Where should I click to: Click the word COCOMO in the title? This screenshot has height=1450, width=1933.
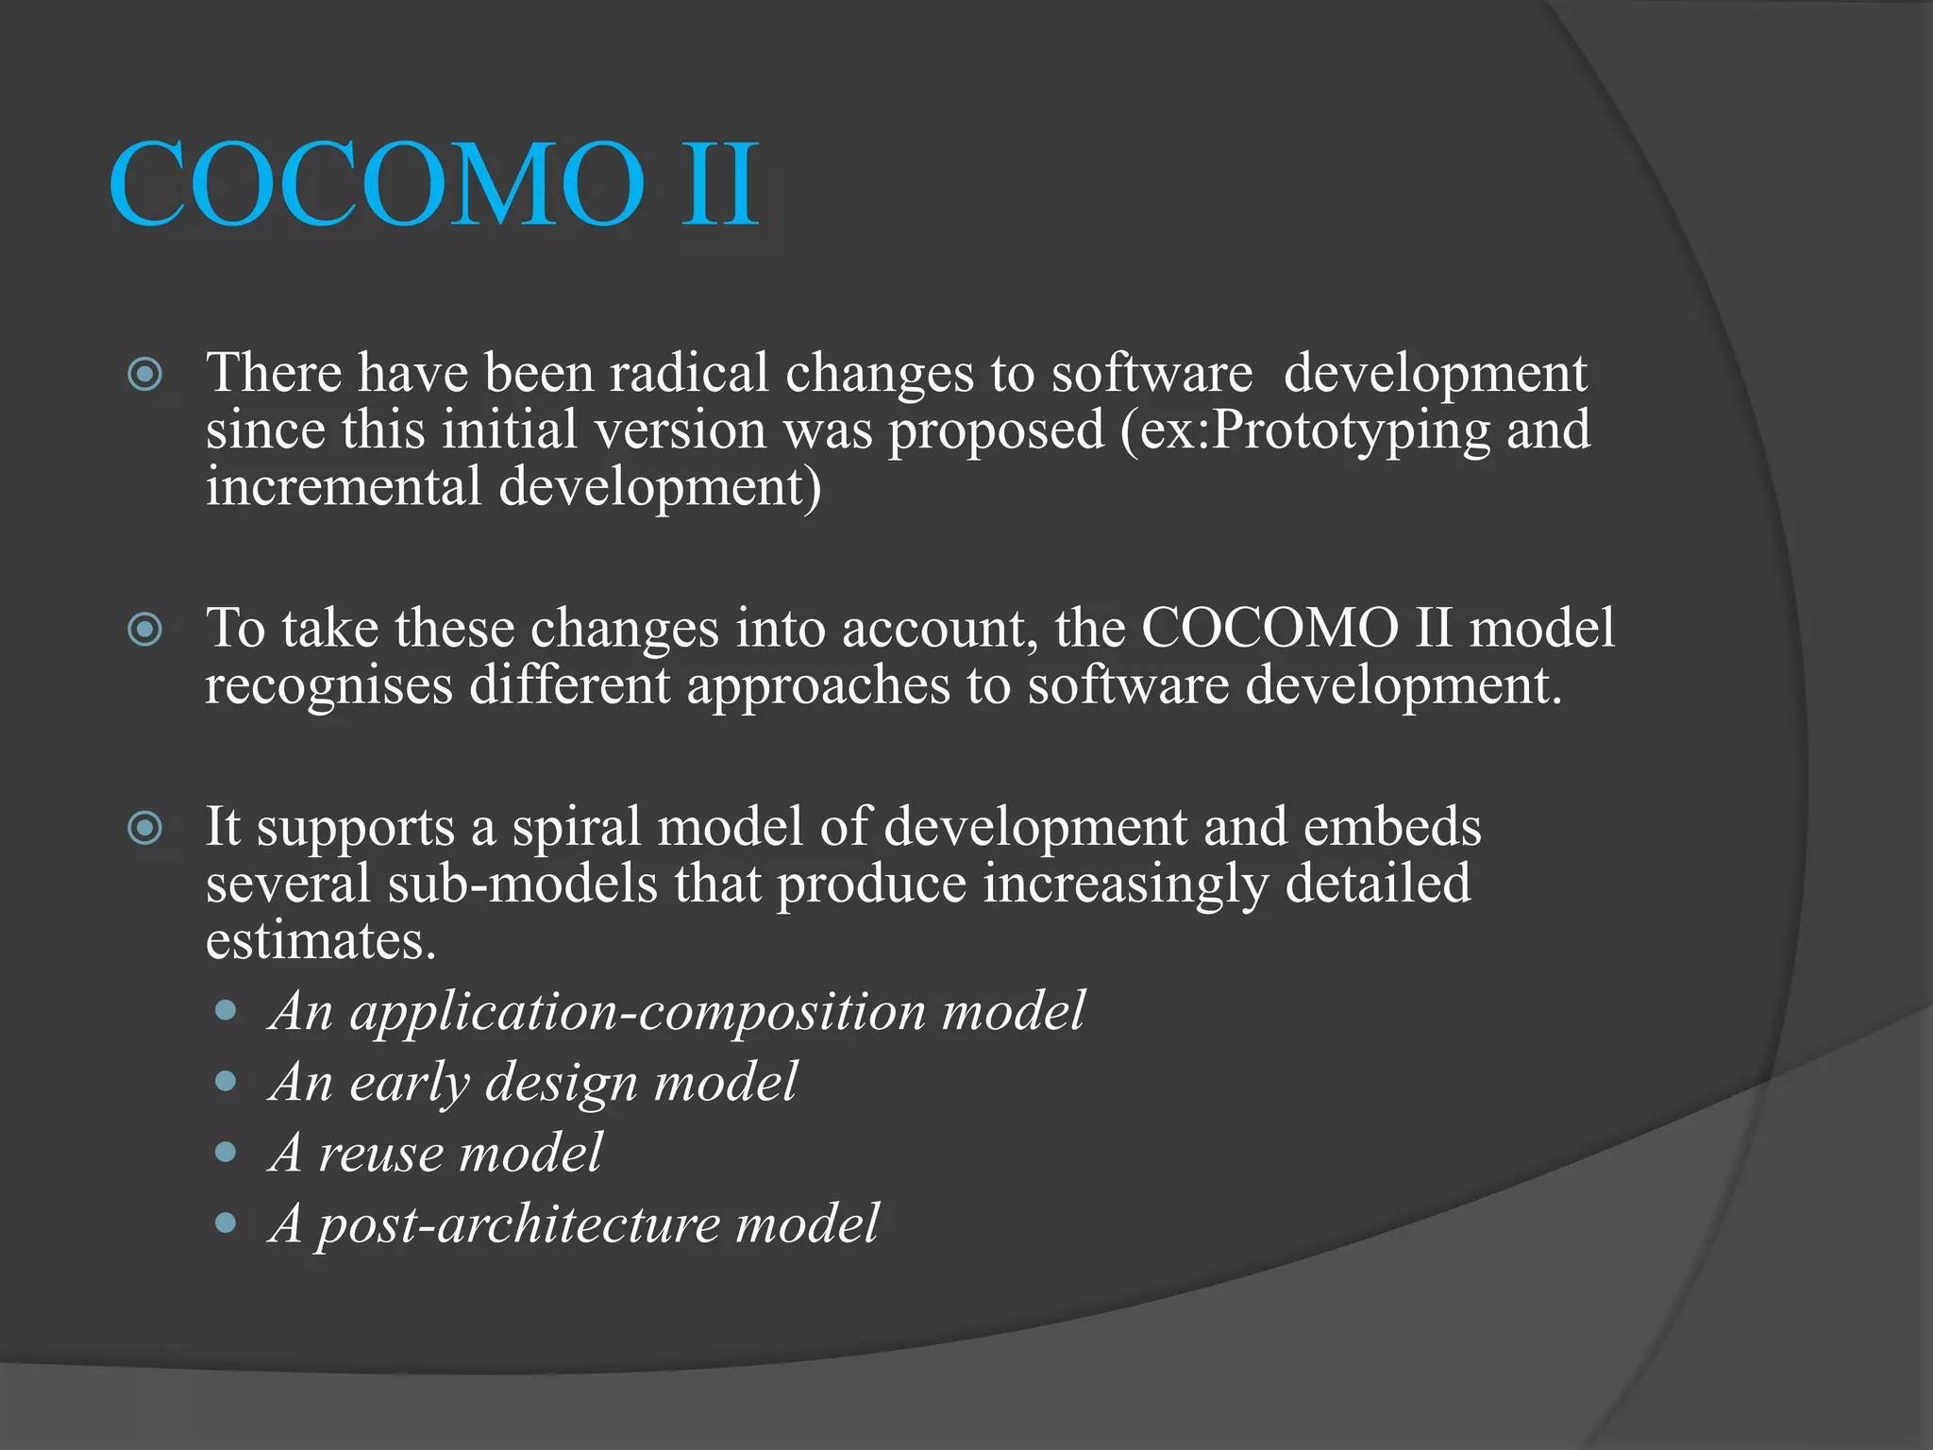[378, 184]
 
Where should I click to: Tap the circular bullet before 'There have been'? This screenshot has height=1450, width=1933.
[144, 375]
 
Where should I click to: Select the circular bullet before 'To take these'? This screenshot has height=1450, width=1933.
[144, 630]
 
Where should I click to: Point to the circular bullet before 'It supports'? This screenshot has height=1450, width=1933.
[144, 829]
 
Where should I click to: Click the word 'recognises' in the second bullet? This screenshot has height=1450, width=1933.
[328, 686]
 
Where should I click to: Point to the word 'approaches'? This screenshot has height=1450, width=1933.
[817, 686]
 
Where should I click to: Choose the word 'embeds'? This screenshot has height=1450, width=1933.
[1391, 827]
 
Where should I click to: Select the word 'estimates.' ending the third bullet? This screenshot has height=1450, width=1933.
[321, 941]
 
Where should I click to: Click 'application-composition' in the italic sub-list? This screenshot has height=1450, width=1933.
[638, 1012]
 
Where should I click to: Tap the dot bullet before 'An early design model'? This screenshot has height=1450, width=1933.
[226, 1081]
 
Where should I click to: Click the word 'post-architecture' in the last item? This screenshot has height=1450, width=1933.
[518, 1224]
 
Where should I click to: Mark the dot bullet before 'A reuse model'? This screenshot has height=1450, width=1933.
[226, 1152]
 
